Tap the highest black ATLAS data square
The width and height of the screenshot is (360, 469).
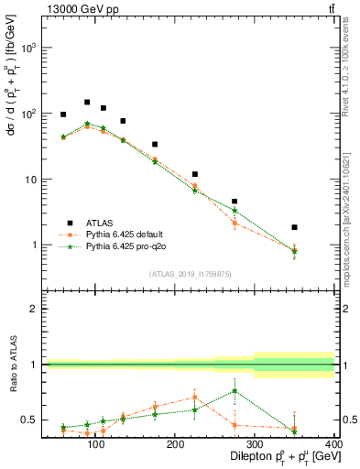click(x=87, y=103)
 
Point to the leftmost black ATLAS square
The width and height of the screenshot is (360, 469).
click(x=63, y=115)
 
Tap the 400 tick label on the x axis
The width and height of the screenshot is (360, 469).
click(x=333, y=446)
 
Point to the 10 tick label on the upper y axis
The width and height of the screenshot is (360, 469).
click(x=29, y=180)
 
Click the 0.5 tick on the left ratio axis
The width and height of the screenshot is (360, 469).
click(x=27, y=420)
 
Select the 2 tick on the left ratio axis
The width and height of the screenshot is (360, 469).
click(x=32, y=309)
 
